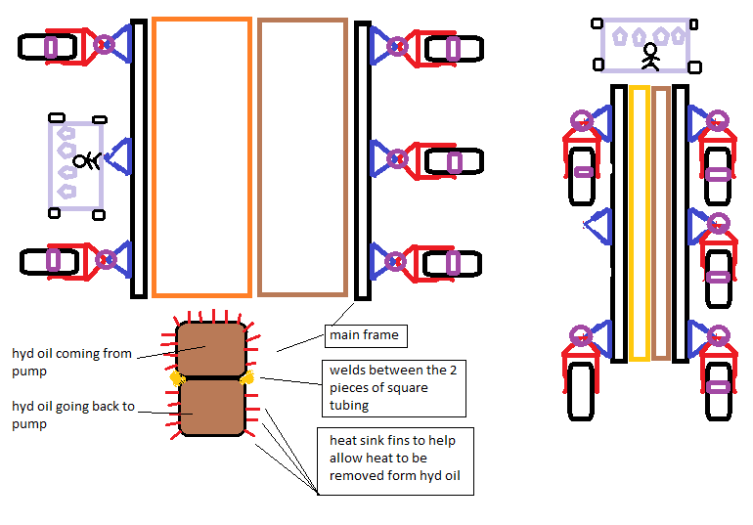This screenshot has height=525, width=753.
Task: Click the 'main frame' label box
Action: (365, 335)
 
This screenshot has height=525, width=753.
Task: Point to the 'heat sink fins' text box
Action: (396, 459)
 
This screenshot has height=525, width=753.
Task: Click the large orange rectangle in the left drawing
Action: (201, 156)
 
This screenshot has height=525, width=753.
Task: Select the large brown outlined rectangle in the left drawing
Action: (302, 156)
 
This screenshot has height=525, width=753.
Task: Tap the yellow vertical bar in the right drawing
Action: (640, 223)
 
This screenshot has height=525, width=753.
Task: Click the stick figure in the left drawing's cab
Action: (90, 161)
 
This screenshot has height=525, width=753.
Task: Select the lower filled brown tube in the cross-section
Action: (209, 407)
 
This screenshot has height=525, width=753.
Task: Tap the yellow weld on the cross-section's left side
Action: (177, 377)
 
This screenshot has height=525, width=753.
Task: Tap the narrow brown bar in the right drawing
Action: (661, 223)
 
